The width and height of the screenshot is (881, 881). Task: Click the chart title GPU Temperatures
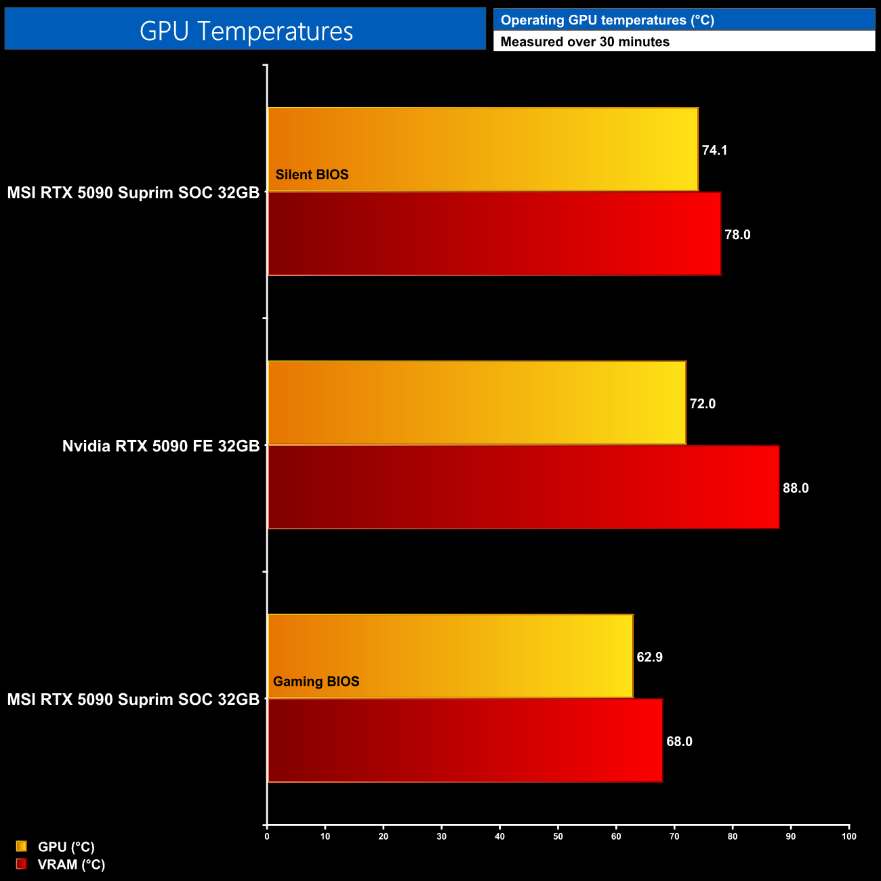point(245,31)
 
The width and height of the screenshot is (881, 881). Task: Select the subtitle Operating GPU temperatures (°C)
point(607,20)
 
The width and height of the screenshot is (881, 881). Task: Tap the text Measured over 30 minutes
point(585,42)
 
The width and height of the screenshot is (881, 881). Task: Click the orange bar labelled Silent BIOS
point(483,149)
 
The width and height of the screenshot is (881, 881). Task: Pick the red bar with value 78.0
point(494,234)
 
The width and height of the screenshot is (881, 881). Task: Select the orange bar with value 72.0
point(476,403)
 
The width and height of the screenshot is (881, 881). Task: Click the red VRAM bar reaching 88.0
point(523,487)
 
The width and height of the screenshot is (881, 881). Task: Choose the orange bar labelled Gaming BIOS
point(450,655)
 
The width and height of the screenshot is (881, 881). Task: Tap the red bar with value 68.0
point(465,740)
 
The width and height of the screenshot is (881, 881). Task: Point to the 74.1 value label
point(714,150)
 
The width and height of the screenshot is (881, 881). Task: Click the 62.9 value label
point(649,657)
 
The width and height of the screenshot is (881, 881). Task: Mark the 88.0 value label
point(796,489)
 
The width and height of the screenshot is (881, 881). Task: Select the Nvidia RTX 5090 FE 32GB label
point(161,446)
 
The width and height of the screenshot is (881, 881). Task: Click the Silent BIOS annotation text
point(312,175)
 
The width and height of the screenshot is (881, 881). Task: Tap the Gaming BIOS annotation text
point(316,682)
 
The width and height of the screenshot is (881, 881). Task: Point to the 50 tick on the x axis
point(558,837)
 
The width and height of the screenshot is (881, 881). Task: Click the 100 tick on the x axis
point(848,837)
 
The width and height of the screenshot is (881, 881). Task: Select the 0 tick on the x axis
point(267,837)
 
